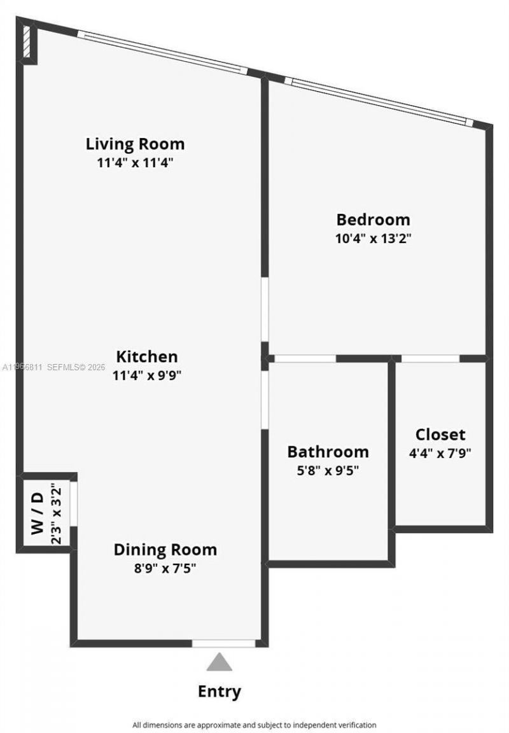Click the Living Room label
(x=135, y=143)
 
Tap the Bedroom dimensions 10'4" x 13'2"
(x=373, y=239)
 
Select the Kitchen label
(x=147, y=356)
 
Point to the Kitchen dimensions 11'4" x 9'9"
(x=147, y=375)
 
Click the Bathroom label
(x=328, y=452)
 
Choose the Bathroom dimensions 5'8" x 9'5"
(x=328, y=471)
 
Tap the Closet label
(x=440, y=435)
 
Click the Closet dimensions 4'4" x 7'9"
(x=440, y=454)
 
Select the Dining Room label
(x=165, y=549)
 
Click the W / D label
(x=38, y=513)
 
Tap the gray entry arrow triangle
(x=220, y=662)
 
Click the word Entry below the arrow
(x=220, y=691)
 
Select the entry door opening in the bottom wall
(x=223, y=643)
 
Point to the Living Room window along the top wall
(x=162, y=52)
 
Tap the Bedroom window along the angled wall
(x=379, y=101)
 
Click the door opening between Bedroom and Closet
(x=430, y=359)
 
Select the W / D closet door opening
(x=74, y=504)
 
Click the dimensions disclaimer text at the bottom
(x=254, y=725)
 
